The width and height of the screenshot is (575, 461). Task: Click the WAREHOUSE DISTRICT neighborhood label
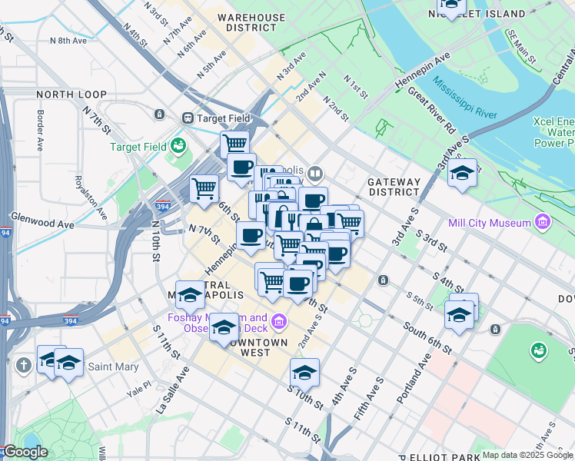click(x=251, y=22)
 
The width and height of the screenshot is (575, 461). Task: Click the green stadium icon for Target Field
click(x=178, y=145)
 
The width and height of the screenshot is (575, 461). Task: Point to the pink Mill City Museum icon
click(x=543, y=223)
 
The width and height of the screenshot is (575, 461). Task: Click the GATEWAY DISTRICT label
click(x=394, y=187)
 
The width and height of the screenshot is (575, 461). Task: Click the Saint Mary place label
click(x=114, y=366)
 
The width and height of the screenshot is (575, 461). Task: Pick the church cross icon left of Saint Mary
click(x=25, y=366)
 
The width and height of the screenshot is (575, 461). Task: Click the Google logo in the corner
click(x=25, y=451)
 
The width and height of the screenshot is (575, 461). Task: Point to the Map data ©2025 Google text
click(x=527, y=455)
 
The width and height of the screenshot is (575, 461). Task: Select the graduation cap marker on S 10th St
click(x=304, y=373)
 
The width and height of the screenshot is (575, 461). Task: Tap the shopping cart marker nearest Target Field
click(x=234, y=142)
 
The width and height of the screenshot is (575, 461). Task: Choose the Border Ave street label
click(x=41, y=125)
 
